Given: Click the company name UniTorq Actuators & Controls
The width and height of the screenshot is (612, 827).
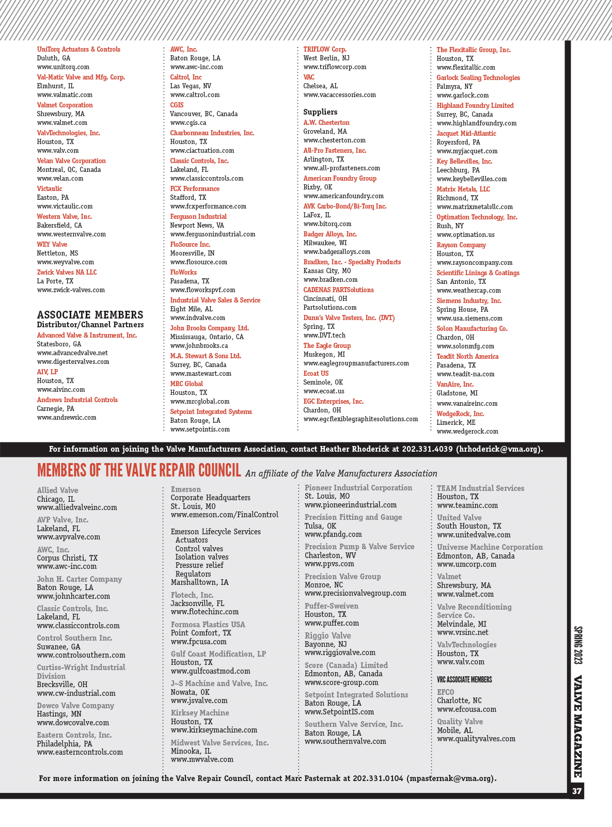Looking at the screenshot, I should pos(79,50).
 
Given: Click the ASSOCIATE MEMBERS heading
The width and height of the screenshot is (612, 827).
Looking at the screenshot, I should pos(90,315).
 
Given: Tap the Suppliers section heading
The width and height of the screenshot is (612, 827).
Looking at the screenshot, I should pos(320,112).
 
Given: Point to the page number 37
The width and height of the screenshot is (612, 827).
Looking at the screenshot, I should pos(577,791).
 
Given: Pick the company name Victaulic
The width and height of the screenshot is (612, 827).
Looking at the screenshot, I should pos(50,189).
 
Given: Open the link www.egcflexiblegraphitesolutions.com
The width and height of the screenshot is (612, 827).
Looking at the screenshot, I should pos(360,419).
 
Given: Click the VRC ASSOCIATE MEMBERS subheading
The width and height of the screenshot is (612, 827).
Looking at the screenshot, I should pos(464,680).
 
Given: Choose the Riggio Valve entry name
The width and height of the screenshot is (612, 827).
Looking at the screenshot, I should pos(327,636).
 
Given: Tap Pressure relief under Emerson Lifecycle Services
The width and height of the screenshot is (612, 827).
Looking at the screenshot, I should pos(199,565).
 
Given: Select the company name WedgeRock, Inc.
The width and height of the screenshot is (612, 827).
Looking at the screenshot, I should pos(460,414).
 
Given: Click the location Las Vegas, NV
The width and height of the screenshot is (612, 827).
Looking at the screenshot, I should pos(191,86).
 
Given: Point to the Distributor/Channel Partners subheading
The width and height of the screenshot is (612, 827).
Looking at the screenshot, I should pos(90,325).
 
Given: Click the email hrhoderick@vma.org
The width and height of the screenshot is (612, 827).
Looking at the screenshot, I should pos(498,449).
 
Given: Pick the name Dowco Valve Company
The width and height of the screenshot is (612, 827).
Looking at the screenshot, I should pos(75,706).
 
